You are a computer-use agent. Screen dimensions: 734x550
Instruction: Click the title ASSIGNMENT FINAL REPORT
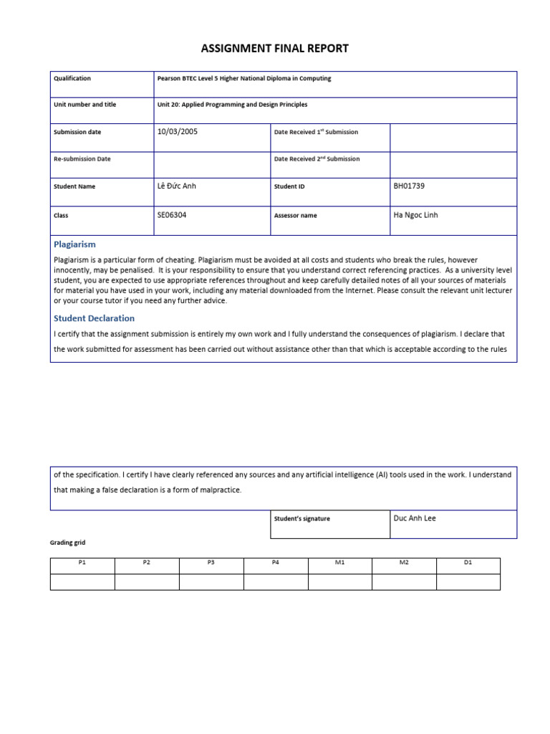pyautogui.click(x=275, y=49)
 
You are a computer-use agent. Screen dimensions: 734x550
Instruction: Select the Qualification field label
pyautogui.click(x=72, y=79)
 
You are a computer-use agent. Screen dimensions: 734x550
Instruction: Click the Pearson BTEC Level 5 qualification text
pyautogui.click(x=244, y=79)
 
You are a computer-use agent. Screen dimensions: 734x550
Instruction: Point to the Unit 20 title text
pyautogui.click(x=232, y=105)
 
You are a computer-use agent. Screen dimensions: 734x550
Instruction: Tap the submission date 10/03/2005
pyautogui.click(x=177, y=131)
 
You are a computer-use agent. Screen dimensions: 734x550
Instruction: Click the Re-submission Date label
pyautogui.click(x=82, y=159)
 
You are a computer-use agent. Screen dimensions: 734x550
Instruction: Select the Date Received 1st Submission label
pyautogui.click(x=316, y=132)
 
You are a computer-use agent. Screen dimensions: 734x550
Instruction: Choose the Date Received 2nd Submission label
pyautogui.click(x=317, y=159)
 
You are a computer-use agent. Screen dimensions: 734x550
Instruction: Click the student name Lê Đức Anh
pyautogui.click(x=176, y=186)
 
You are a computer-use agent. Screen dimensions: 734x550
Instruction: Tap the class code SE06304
pyautogui.click(x=172, y=215)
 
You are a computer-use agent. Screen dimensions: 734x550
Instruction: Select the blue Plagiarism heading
pyautogui.click(x=75, y=244)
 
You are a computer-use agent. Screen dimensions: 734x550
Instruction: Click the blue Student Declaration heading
pyautogui.click(x=94, y=318)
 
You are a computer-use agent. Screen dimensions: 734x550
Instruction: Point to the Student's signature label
pyautogui.click(x=302, y=519)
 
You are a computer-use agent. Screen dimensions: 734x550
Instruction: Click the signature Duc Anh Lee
pyautogui.click(x=415, y=518)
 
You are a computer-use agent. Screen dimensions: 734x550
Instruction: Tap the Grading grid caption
pyautogui.click(x=67, y=543)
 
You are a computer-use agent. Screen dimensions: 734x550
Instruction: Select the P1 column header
pyautogui.click(x=82, y=563)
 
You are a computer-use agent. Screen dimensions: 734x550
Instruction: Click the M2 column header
pyautogui.click(x=404, y=563)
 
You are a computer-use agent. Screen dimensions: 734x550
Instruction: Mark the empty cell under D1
pyautogui.click(x=468, y=581)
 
